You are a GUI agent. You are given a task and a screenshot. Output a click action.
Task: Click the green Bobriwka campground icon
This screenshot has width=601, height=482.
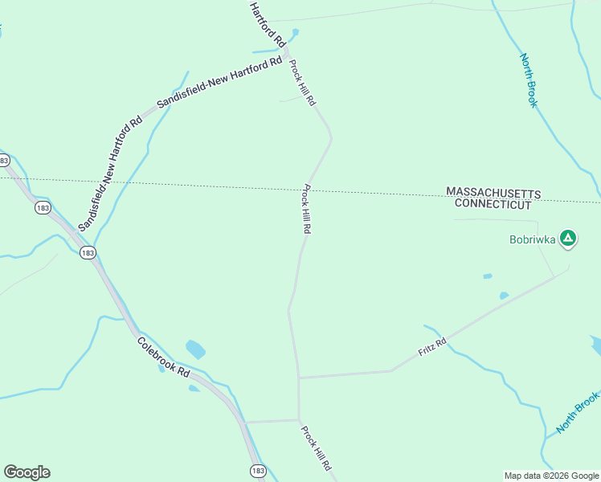(x=568, y=238)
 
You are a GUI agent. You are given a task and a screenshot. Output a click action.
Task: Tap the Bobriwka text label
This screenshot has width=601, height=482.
(x=532, y=239)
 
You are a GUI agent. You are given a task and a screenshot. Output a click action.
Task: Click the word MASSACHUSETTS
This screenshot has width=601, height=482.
(x=493, y=194)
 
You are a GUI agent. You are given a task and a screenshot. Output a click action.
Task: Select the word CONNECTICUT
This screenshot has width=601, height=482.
(x=493, y=204)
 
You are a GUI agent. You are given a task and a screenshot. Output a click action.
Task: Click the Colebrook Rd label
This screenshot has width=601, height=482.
(x=163, y=358)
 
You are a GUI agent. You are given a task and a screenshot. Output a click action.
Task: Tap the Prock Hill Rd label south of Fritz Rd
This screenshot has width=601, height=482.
(x=316, y=448)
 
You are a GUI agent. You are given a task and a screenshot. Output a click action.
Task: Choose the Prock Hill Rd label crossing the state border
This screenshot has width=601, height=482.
(x=306, y=209)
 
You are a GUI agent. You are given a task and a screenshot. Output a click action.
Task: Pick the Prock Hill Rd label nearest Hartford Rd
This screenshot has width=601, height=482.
(x=303, y=84)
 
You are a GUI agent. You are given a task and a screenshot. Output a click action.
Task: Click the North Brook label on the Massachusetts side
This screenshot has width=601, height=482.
(x=528, y=80)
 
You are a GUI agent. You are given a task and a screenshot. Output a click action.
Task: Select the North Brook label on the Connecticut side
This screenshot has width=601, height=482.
(x=579, y=412)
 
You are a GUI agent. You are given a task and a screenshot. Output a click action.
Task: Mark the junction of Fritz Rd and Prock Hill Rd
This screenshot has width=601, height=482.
(x=299, y=377)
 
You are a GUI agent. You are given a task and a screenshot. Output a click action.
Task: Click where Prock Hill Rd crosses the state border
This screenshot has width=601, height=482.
(x=312, y=190)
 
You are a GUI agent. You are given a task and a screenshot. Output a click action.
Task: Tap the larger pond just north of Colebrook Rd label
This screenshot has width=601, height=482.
(x=195, y=349)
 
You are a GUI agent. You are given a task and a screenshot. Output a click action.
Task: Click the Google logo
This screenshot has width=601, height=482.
(x=27, y=472)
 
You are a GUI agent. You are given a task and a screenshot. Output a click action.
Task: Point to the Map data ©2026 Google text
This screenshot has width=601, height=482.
(x=551, y=476)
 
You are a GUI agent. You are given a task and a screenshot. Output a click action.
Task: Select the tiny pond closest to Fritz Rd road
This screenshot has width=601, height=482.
(x=504, y=296)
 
